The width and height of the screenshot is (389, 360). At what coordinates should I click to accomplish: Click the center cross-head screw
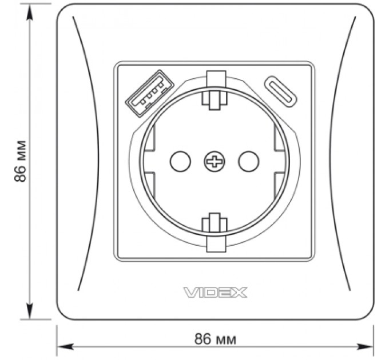[x=215, y=162]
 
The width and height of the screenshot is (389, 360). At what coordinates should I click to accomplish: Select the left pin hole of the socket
[x=180, y=162]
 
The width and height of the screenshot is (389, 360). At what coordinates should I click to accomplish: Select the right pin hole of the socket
[x=248, y=162]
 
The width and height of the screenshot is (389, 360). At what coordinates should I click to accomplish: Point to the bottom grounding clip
[x=215, y=233]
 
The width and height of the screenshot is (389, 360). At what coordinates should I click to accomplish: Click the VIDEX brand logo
[x=215, y=293]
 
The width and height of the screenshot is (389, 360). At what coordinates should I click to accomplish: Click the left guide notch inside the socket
[x=148, y=162]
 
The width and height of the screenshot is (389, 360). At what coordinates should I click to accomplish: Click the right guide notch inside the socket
[x=280, y=162]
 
